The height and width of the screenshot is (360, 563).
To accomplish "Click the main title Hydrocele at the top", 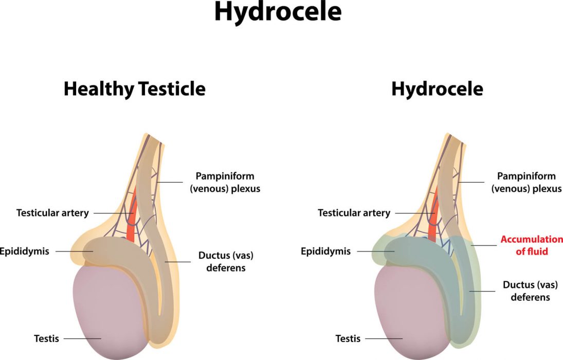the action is click(278, 12).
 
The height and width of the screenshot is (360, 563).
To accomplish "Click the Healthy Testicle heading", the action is click(135, 89).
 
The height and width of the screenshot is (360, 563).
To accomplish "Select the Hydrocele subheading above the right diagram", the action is click(438, 89).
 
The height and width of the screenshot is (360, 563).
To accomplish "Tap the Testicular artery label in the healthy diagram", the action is click(52, 213).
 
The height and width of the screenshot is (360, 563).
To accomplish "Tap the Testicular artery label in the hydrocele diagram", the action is click(354, 213).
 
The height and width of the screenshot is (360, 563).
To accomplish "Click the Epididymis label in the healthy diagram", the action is click(24, 251).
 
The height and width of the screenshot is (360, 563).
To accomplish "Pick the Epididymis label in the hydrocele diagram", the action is click(325, 251).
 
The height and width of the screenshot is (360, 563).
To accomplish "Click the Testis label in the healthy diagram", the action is click(46, 338).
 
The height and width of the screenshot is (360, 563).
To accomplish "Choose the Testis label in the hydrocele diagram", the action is click(348, 338).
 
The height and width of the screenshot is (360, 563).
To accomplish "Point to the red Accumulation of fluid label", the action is click(532, 245).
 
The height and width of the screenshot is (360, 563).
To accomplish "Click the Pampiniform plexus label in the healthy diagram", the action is click(225, 182).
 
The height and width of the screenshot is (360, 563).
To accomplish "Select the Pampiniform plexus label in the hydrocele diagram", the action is click(526, 182).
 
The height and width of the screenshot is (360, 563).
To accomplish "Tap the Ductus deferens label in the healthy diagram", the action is click(226, 262).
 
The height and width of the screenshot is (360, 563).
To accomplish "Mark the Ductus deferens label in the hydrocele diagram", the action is click(530, 291).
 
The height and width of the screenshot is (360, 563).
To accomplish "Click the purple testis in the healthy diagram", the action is click(108, 313).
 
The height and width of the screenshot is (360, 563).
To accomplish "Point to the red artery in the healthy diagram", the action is click(132, 219).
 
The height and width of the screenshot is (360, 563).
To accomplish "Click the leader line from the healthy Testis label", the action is click(83, 338).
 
